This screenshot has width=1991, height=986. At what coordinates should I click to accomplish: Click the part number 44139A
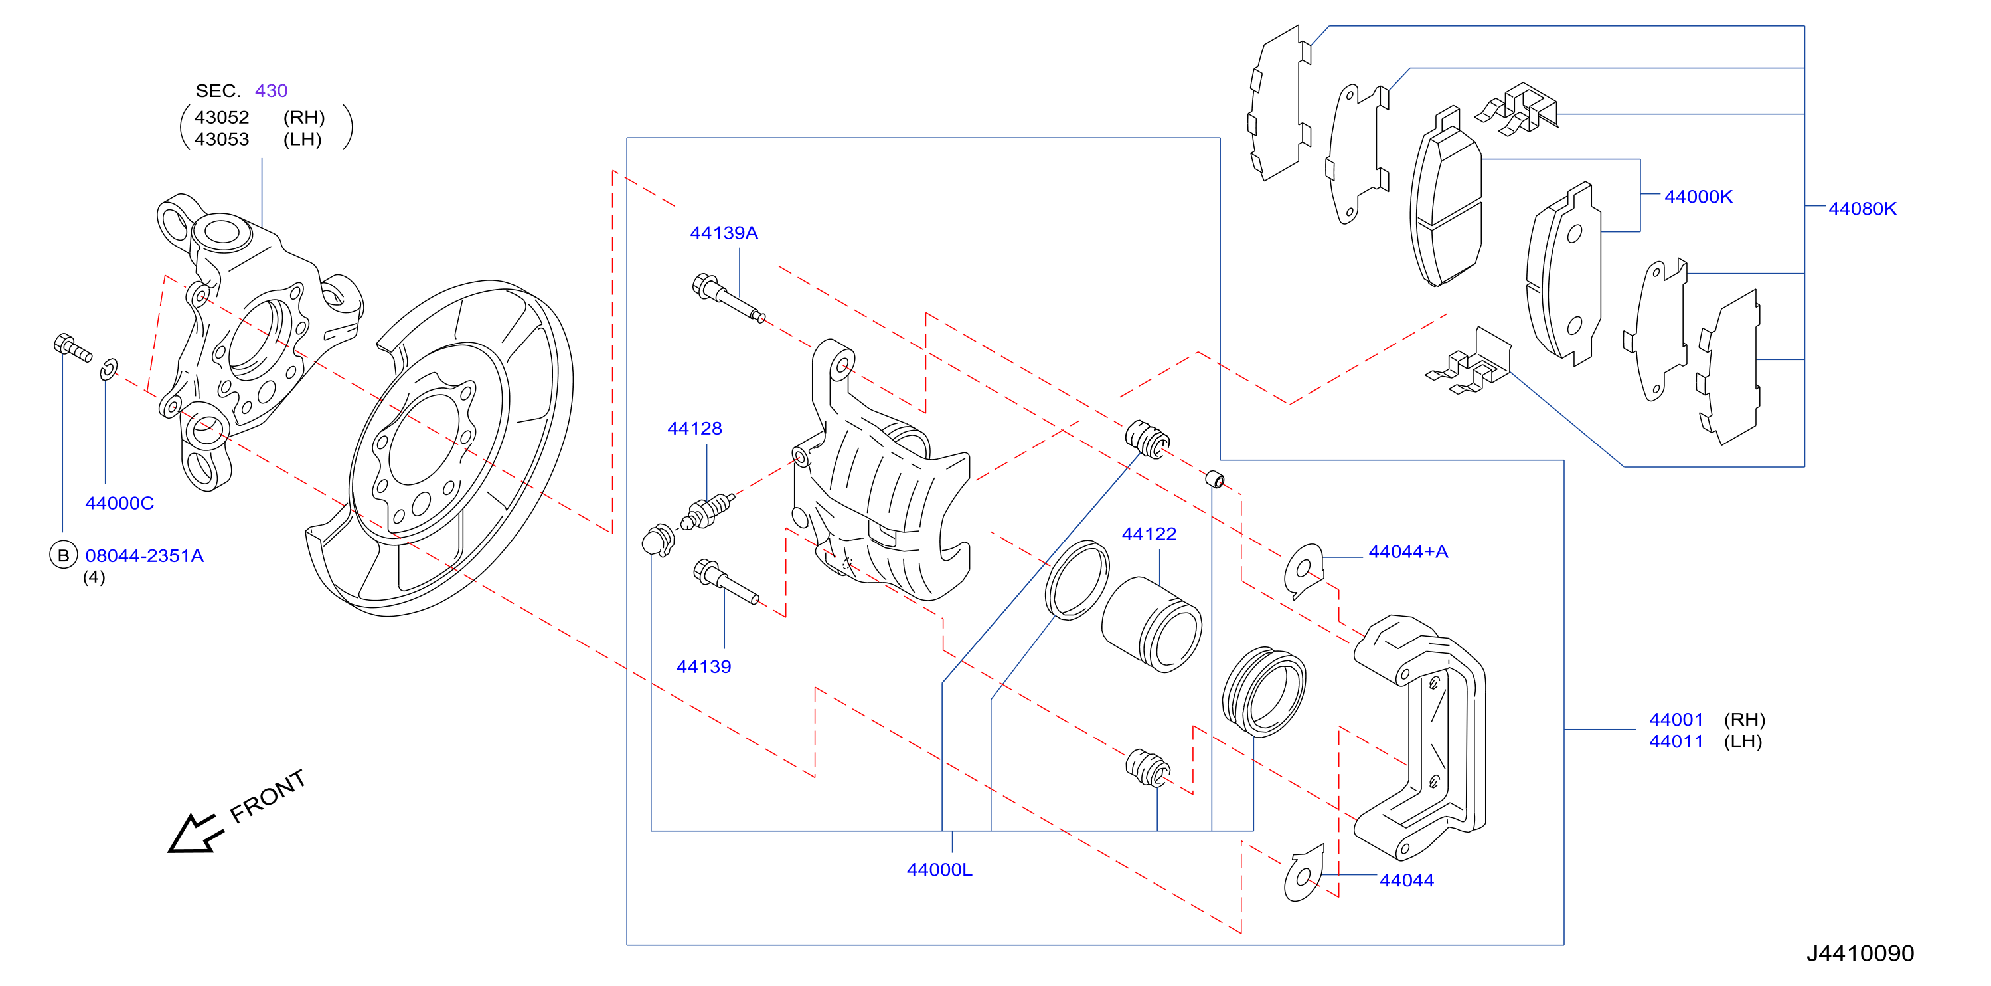point(724,233)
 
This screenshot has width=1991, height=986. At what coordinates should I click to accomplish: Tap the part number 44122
point(1149,534)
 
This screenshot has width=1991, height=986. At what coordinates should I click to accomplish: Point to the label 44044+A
point(1407,551)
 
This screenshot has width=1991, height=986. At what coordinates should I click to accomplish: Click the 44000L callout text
point(939,869)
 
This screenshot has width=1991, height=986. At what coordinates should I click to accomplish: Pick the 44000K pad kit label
point(1698,197)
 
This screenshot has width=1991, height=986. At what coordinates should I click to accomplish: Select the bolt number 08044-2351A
point(145,555)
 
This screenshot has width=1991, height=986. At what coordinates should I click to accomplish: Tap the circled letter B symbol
point(63,555)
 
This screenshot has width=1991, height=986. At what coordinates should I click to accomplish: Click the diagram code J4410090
point(1860,953)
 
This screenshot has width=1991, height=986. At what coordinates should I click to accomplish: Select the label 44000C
point(119,503)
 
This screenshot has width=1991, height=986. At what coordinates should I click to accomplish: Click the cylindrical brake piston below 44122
point(1151,625)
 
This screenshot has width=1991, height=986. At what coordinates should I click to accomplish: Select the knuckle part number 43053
point(222,140)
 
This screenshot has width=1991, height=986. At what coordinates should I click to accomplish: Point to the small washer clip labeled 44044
point(1303,874)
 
